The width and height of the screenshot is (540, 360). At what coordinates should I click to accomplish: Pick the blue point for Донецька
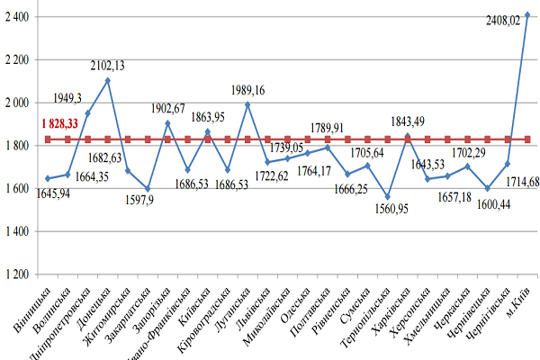(108, 81)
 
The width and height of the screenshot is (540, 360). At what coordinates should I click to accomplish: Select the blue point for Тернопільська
(388, 196)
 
